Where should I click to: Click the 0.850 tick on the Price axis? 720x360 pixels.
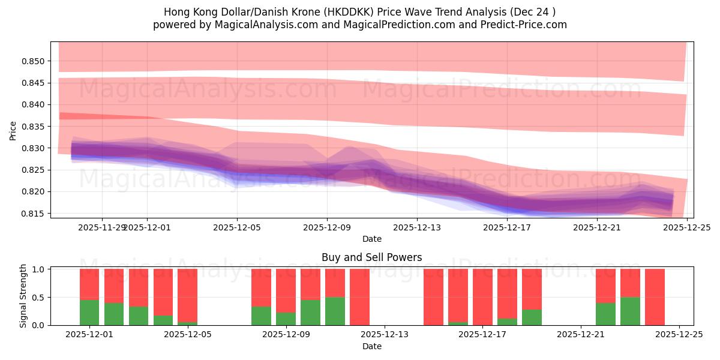[x=33, y=61]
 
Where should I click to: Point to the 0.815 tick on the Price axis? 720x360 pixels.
[x=33, y=214]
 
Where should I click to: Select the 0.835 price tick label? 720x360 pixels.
[x=33, y=127]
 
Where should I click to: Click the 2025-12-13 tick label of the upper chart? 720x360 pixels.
[x=417, y=227]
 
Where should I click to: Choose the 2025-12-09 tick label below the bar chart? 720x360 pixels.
[x=286, y=335]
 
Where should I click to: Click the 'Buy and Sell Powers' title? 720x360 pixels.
[x=371, y=257]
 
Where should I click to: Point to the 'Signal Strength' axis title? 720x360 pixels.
[x=23, y=296]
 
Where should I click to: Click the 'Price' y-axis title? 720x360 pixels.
[x=13, y=130]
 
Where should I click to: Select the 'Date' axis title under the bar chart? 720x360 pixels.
[x=371, y=346]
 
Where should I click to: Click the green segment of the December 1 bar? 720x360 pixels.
[x=89, y=312]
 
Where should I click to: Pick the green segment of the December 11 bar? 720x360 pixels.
[x=335, y=311]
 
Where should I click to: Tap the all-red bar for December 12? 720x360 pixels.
[x=359, y=297]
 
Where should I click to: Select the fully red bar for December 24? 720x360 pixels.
[x=655, y=297]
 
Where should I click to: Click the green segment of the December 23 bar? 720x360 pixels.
[x=630, y=311]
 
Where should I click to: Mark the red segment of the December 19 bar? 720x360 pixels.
[x=532, y=289]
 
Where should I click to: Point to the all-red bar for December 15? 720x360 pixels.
[x=433, y=297]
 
